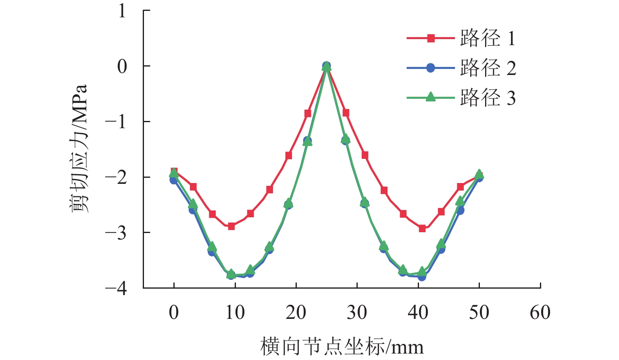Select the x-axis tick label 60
540,313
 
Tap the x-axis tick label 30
357,313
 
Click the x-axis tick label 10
235,313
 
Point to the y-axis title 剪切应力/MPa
79,148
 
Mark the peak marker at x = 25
327,66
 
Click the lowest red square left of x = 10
231,226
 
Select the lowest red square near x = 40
422,229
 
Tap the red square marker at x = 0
174,171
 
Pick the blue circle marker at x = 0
174,180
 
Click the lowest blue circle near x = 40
422,277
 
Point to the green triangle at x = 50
479,174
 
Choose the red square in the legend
431,39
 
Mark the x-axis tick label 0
174,313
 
